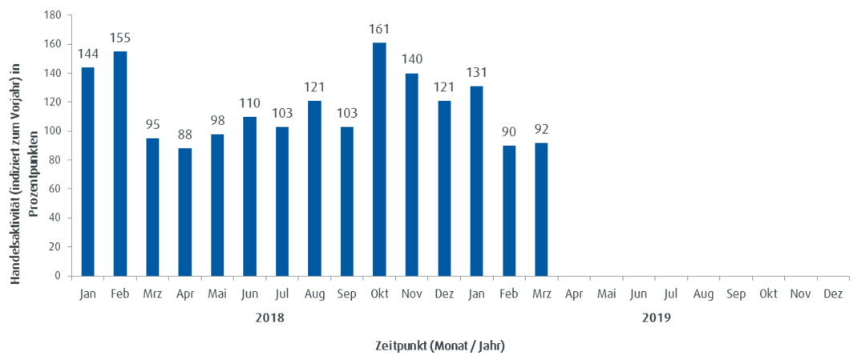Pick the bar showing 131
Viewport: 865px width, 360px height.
477,180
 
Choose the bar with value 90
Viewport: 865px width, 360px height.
509,210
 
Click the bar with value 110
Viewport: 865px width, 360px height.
250,196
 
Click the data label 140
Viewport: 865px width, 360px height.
411,60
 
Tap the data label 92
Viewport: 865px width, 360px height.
541,129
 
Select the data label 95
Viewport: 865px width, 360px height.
152,125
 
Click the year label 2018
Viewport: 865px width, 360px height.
267,318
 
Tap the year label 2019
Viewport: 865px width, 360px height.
655,318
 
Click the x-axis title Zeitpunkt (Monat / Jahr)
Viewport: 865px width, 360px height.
440,346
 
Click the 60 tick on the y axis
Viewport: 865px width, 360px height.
55,189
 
